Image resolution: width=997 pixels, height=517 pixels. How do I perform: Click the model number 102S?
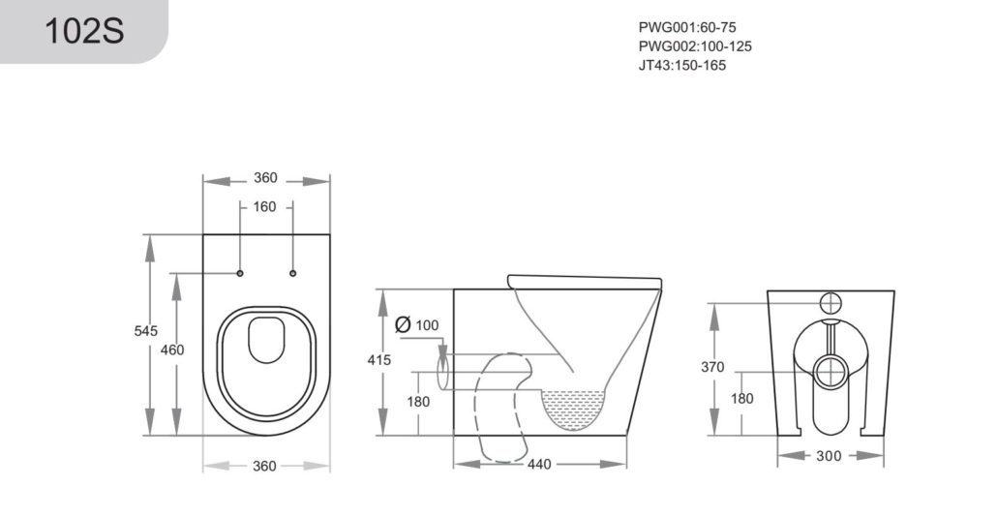click(x=84, y=31)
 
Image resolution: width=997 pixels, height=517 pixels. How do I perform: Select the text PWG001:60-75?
click(x=687, y=27)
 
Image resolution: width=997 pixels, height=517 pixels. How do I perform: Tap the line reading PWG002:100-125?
click(x=695, y=46)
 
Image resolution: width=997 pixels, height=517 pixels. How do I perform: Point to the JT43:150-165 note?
click(x=682, y=66)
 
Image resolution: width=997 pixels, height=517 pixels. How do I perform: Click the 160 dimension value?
click(x=264, y=206)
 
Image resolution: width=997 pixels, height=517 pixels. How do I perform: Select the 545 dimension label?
click(x=145, y=331)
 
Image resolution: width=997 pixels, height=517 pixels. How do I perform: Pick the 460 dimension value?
click(x=172, y=350)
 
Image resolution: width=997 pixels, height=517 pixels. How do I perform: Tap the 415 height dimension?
click(x=379, y=360)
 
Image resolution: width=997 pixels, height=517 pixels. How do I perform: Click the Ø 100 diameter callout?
click(x=416, y=325)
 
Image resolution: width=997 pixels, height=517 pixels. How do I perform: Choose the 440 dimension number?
click(x=539, y=464)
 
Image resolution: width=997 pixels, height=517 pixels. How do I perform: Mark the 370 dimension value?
click(x=712, y=367)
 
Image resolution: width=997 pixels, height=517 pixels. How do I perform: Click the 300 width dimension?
click(x=829, y=456)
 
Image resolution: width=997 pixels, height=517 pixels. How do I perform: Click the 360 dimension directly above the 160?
click(x=266, y=178)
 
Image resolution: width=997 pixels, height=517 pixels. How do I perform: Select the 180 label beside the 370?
click(x=742, y=399)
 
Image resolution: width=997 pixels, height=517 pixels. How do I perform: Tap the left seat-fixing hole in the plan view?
click(x=240, y=273)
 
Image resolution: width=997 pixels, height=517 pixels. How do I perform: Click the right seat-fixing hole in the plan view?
click(x=293, y=273)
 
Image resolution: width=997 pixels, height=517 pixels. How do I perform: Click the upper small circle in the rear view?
click(x=831, y=303)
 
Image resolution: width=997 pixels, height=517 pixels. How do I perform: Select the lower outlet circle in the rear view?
click(x=830, y=373)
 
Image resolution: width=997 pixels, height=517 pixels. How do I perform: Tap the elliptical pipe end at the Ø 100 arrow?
click(x=444, y=373)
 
